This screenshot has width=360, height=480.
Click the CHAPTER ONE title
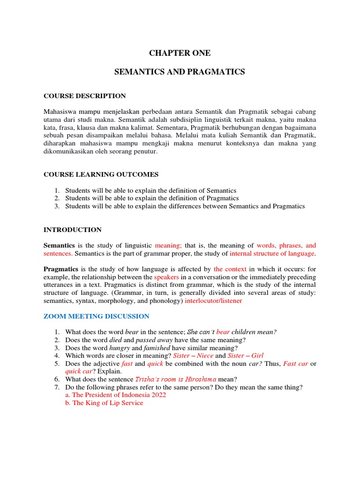pyautogui.click(x=180, y=53)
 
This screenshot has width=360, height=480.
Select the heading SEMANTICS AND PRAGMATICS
pyautogui.click(x=180, y=72)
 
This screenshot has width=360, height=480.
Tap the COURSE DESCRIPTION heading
pyautogui.click(x=84, y=96)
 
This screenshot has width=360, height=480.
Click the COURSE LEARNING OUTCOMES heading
pyautogui.click(x=101, y=174)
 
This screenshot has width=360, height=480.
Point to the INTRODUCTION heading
pyautogui.click(x=72, y=230)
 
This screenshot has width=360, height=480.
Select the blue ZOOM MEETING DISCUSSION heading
pyautogui.click(x=96, y=316)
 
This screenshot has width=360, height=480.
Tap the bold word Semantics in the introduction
pyautogui.click(x=59, y=245)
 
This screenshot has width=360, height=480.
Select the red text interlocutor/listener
pyautogui.click(x=213, y=301)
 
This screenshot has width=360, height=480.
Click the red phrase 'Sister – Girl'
pyautogui.click(x=245, y=356)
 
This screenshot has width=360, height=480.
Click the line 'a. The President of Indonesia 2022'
pyautogui.click(x=115, y=395)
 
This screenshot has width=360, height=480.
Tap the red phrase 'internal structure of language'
pyautogui.click(x=272, y=253)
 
